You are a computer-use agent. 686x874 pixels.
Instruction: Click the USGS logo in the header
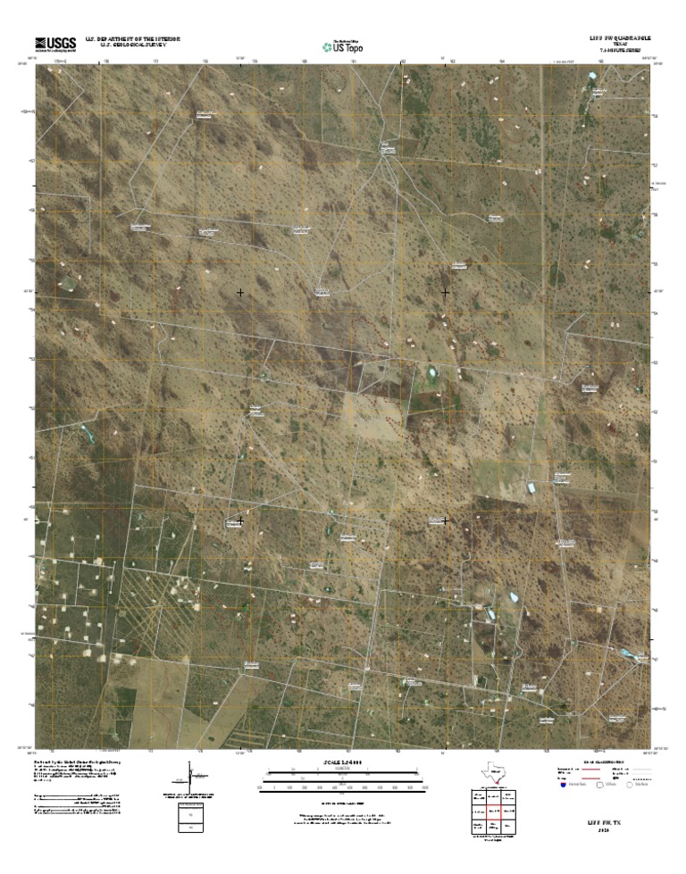tap(54, 42)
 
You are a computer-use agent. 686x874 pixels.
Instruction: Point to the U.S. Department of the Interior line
tap(133, 39)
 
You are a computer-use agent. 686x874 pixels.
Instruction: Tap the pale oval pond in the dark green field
tap(432, 370)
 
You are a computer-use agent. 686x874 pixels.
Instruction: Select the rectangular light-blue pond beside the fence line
tap(533, 487)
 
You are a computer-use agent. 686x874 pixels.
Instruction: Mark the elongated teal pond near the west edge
tap(88, 434)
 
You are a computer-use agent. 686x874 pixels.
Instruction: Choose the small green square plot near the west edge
tap(69, 283)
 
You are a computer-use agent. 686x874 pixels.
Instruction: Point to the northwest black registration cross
tap(240, 293)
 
